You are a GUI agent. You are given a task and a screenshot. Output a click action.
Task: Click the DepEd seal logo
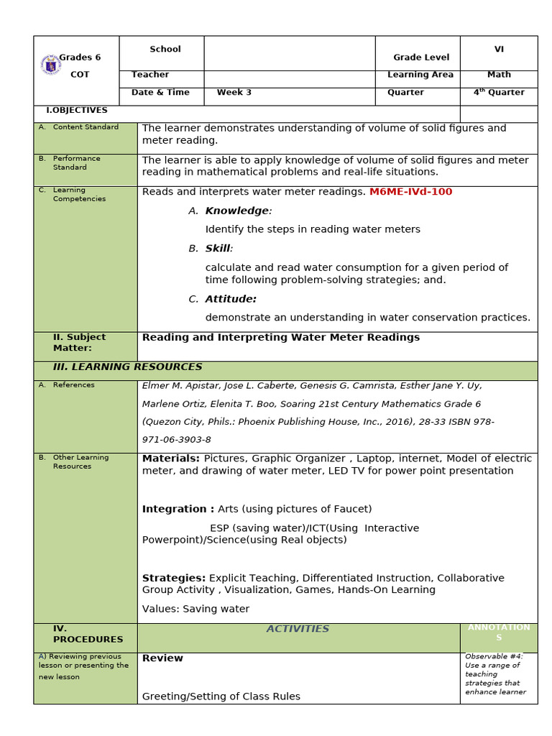coord(50,65)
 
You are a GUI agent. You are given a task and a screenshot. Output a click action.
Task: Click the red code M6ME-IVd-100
coord(410,192)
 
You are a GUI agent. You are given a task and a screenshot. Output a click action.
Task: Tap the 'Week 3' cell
coord(234,93)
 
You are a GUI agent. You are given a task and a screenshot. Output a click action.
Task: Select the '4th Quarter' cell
coord(498,93)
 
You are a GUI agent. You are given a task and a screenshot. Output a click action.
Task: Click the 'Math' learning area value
coord(499,75)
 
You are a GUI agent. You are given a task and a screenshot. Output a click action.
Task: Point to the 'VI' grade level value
coord(499,50)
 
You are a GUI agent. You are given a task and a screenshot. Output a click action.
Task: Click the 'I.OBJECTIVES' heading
coord(77,111)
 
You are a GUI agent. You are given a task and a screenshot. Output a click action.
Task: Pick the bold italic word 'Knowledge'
coord(236,211)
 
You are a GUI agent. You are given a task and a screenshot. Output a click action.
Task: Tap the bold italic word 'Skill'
coord(218,249)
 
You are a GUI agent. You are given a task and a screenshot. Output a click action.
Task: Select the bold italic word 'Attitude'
coord(230,299)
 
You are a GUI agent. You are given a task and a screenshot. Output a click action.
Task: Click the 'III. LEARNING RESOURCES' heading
coord(127,367)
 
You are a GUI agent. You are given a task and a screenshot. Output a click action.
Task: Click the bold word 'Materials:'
coord(171,459)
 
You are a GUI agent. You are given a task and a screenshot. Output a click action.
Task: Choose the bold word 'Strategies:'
coord(174,578)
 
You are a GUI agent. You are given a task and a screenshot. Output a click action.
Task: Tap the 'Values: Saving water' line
coord(195,609)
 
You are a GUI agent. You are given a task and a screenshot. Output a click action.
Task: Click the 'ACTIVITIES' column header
coord(298,629)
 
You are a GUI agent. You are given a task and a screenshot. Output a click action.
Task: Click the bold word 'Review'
coord(162,658)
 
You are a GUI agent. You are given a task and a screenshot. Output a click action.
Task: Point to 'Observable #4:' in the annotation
coord(494,656)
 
